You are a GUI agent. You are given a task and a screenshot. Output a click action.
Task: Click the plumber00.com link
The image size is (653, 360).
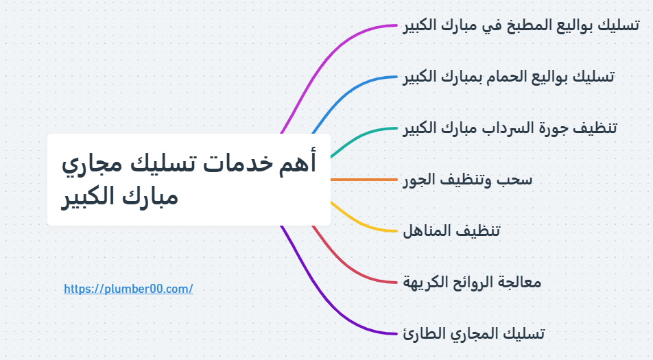(x=128, y=289)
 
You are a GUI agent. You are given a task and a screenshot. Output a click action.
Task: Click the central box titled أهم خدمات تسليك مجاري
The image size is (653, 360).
(x=189, y=180)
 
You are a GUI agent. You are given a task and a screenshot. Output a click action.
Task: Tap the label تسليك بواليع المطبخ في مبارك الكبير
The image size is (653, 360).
(x=521, y=25)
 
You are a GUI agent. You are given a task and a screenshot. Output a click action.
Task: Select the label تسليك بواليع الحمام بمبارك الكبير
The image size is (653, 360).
(x=508, y=76)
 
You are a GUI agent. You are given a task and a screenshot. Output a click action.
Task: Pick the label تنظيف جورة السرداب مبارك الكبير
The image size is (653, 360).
(x=510, y=128)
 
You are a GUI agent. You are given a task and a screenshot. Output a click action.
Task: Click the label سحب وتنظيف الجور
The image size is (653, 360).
(x=467, y=180)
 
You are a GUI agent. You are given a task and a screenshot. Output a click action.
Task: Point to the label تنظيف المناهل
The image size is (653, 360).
(x=451, y=230)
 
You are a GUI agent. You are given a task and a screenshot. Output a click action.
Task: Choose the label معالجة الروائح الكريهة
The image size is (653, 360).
(x=472, y=282)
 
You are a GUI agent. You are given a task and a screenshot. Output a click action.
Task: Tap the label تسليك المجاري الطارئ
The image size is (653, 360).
(x=473, y=333)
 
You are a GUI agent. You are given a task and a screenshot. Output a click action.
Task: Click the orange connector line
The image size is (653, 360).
(x=364, y=180)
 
